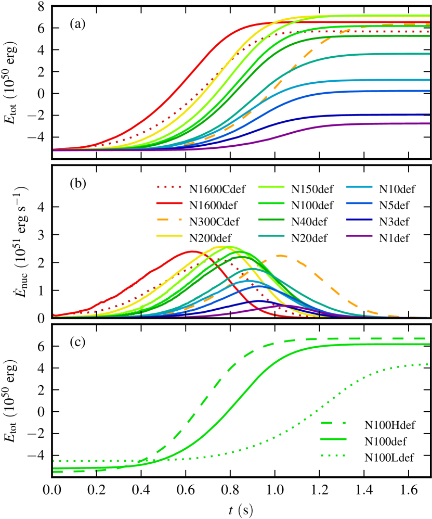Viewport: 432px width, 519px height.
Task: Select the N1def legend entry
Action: pos(382,239)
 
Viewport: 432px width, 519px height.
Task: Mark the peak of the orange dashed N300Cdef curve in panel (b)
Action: pos(281,255)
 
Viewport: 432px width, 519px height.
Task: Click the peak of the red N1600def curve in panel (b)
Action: pos(193,251)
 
